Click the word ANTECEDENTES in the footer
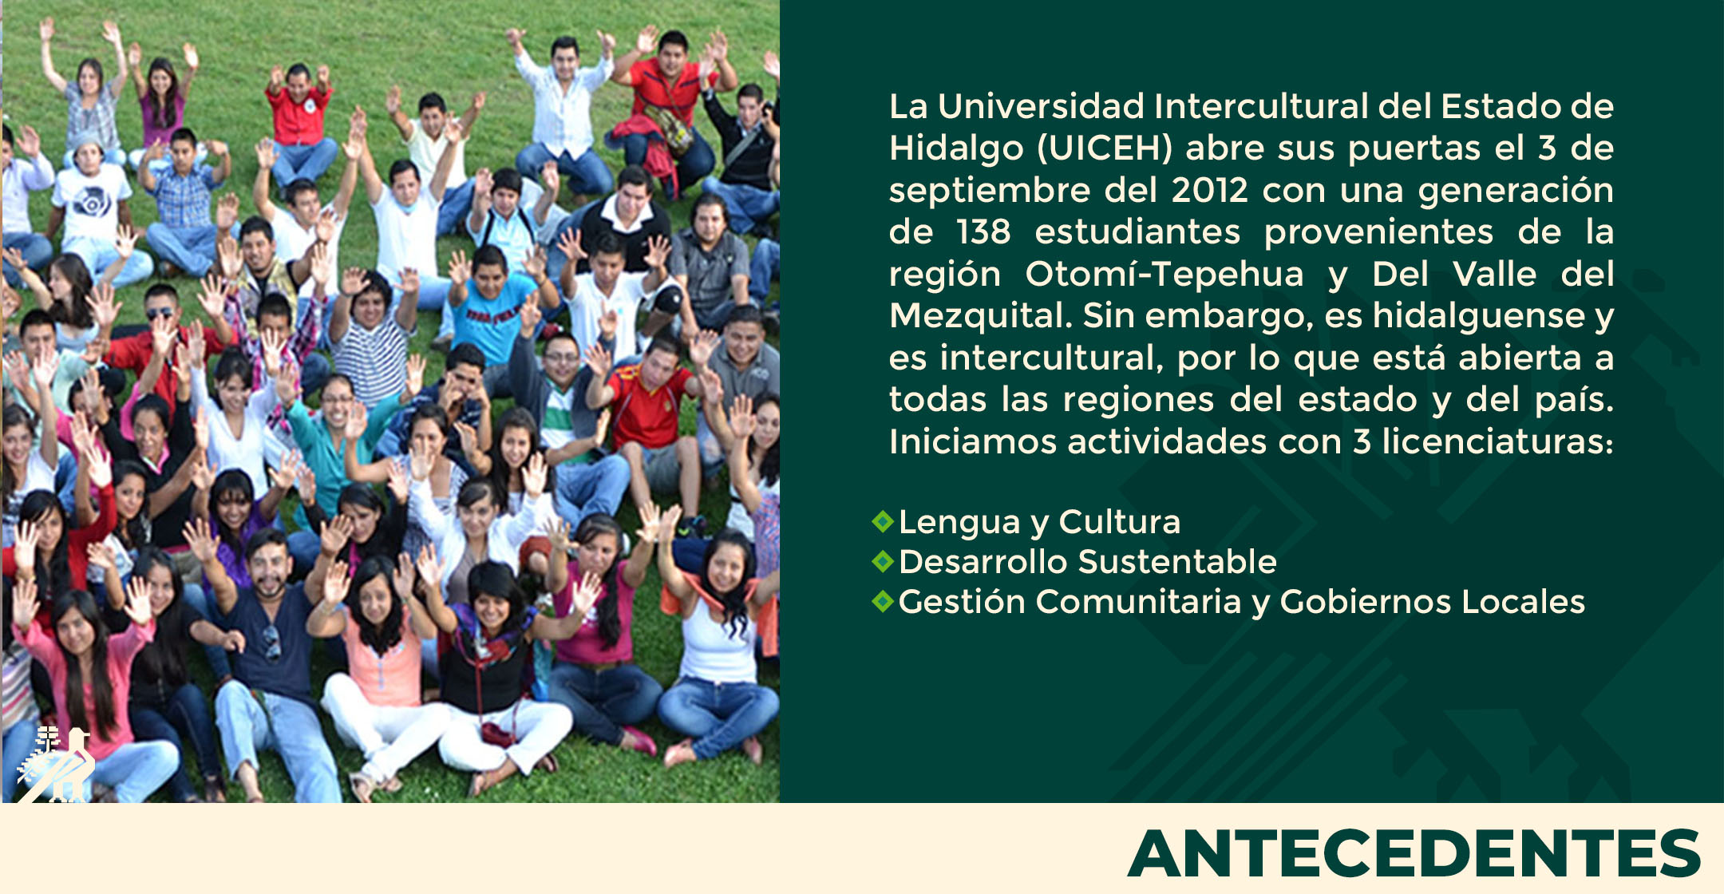click(x=1414, y=853)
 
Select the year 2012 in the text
click(x=1209, y=190)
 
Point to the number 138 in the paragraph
click(x=983, y=232)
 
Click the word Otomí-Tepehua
click(x=1164, y=274)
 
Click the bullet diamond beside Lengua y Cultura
click(x=883, y=522)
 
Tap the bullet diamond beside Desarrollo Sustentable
click(x=883, y=562)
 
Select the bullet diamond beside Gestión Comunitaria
click(x=883, y=602)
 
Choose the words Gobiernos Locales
click(x=1432, y=602)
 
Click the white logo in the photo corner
click(x=56, y=764)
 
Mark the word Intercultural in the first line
click(x=1261, y=106)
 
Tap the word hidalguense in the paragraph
click(x=1478, y=316)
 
